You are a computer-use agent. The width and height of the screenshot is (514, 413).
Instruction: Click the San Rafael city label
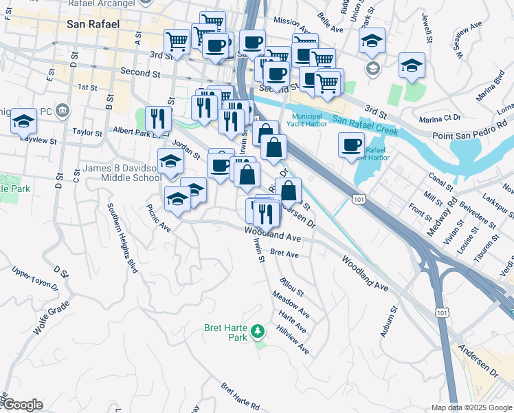tap(93, 24)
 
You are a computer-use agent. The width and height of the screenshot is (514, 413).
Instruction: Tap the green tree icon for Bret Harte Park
tap(258, 332)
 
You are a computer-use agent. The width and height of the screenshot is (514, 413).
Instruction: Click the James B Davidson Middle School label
tap(122, 173)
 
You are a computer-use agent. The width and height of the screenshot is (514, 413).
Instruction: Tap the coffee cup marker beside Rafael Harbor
tap(351, 145)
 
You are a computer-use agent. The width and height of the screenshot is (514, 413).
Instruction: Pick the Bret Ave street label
tap(284, 254)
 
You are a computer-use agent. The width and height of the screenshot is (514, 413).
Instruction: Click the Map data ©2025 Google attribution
tap(471, 407)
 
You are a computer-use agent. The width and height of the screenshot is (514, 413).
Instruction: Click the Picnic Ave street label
tap(158, 217)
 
